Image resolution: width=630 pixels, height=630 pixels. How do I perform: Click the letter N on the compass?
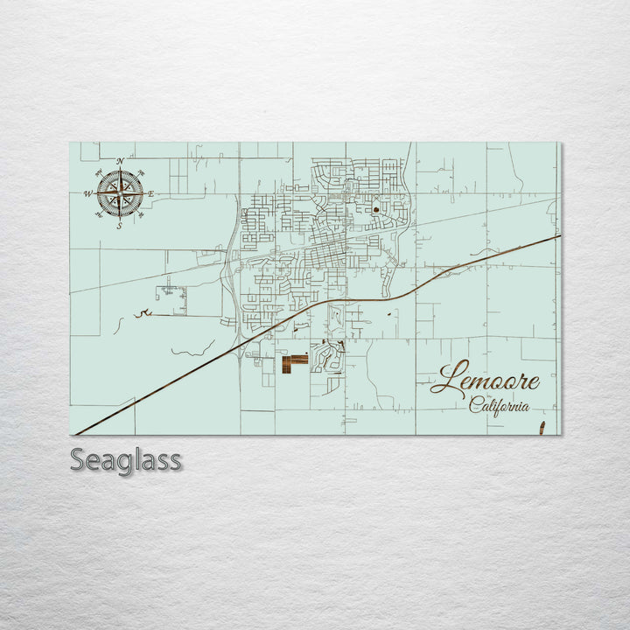tap(120, 162)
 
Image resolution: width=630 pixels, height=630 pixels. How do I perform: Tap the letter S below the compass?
tap(120, 226)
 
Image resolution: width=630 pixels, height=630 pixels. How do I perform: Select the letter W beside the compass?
tap(88, 193)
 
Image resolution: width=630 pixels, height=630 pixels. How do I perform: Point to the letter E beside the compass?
tap(150, 193)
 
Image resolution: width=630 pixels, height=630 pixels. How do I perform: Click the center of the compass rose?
tap(120, 193)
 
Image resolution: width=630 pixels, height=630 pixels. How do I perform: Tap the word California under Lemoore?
tap(499, 406)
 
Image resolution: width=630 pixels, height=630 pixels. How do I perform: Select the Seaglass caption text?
tap(126, 459)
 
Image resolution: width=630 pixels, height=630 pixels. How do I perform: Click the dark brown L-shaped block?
tap(294, 362)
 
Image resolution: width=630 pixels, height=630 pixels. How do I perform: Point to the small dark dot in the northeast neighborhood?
tap(375, 210)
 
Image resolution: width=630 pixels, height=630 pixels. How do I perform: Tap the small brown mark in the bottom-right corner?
tap(542, 428)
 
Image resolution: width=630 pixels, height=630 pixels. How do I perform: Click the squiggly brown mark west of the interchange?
tap(143, 312)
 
